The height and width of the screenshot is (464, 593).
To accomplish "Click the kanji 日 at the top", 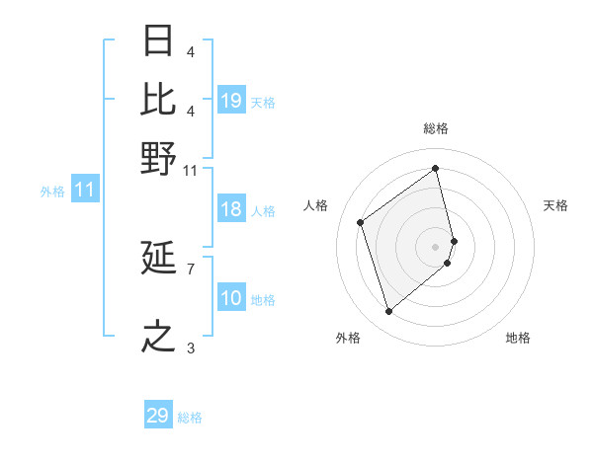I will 159,41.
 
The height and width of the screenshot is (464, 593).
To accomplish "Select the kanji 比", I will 159,100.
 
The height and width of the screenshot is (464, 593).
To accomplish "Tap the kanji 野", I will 159,159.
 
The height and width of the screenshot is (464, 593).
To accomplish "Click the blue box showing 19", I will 231,101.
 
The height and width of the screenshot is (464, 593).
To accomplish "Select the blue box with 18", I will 231,209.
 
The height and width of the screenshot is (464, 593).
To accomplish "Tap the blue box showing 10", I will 231,298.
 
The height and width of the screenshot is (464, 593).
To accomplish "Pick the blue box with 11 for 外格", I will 84,191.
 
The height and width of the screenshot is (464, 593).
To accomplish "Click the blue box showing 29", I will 157,416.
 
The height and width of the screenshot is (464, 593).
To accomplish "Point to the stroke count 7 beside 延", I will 190,268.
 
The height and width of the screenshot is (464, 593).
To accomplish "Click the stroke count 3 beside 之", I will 190,348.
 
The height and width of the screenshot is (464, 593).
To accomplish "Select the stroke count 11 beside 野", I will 191,170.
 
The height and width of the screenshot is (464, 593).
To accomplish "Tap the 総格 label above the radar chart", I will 436,128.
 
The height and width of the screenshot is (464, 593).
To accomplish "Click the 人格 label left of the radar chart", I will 316,205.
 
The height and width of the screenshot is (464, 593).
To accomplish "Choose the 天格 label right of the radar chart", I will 556,205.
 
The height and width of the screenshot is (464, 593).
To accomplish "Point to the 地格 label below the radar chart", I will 518,338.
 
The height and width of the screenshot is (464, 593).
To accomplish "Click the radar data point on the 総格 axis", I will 436,168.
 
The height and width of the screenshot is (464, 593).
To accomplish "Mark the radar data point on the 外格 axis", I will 388,312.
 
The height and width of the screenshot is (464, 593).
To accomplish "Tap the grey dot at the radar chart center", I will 436,246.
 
